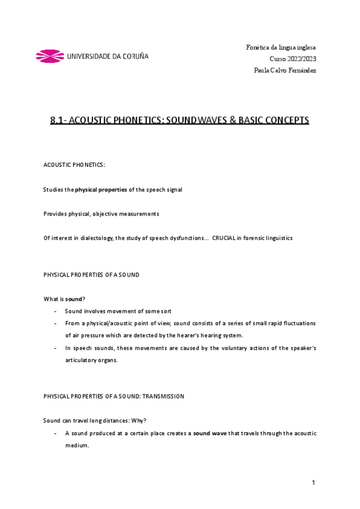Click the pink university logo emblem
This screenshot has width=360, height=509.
[x=50, y=56]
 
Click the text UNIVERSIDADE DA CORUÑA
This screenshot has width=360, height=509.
[x=108, y=56]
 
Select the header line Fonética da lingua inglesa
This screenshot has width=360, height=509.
[x=281, y=47]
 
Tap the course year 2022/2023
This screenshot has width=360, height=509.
[x=302, y=59]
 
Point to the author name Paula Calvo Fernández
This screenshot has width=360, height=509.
[x=284, y=70]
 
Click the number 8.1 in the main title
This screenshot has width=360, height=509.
[x=58, y=120]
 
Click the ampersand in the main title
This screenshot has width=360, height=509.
[x=230, y=120]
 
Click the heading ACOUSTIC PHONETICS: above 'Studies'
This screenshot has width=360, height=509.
[x=74, y=164]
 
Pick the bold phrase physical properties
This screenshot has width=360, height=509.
[x=101, y=190]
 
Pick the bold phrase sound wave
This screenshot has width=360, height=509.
[x=209, y=433]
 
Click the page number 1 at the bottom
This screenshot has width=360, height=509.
[x=313, y=483]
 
